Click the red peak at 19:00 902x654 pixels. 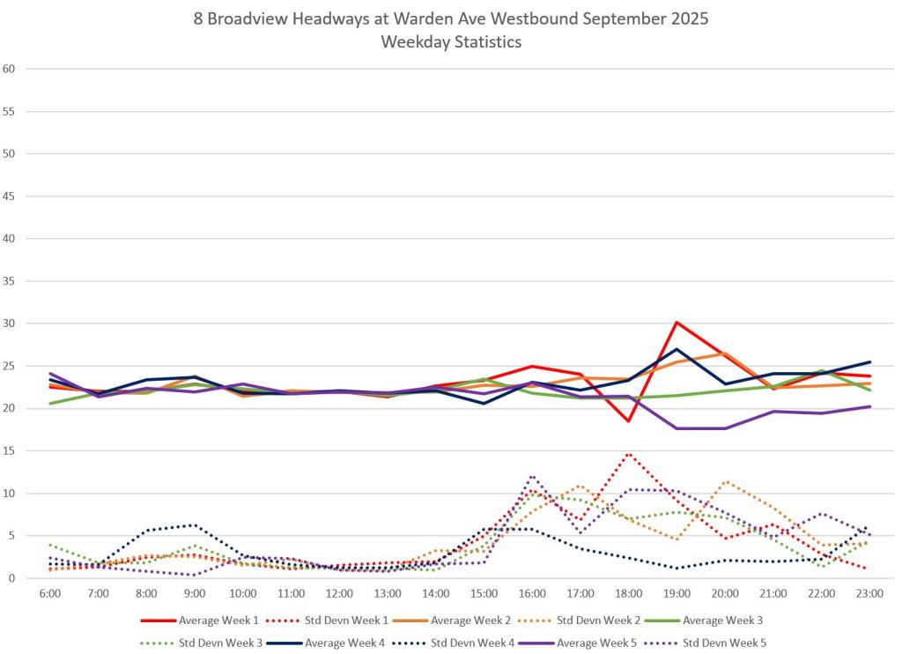click(x=676, y=323)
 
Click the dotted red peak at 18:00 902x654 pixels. click(x=628, y=454)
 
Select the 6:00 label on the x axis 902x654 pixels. click(x=50, y=594)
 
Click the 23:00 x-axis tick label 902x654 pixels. click(x=869, y=594)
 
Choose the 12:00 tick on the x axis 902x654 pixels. click(x=339, y=594)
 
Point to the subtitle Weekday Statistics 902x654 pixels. click(x=451, y=41)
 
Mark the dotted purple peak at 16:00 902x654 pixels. click(x=532, y=477)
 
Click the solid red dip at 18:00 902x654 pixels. click(x=628, y=420)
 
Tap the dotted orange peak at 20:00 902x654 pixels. click(x=725, y=482)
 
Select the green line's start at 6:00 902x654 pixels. click(x=51, y=403)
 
